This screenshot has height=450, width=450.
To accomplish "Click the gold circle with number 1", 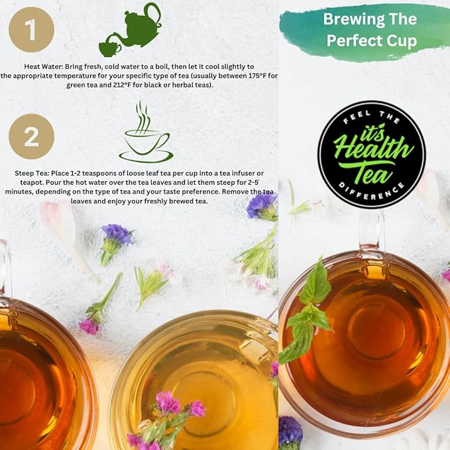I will [32, 29].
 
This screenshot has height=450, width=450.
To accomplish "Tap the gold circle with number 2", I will [31, 137].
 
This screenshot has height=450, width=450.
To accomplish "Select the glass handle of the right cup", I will [372, 229].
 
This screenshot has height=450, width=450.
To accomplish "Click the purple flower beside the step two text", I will [262, 206].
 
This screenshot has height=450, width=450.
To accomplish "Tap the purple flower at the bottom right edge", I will [290, 431].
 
